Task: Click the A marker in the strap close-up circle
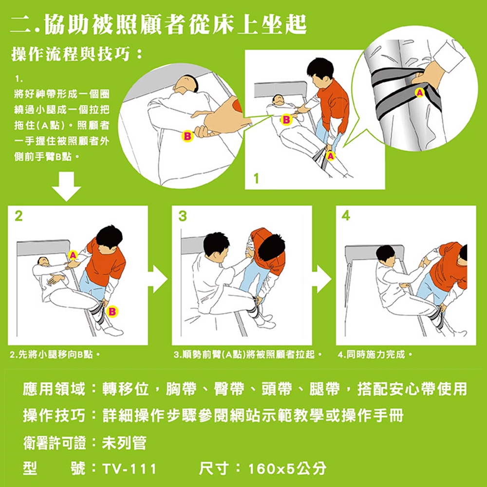(x=420, y=93)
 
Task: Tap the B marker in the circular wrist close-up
(x=187, y=136)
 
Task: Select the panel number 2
(x=19, y=216)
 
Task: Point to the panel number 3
(x=183, y=216)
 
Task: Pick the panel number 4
(x=346, y=216)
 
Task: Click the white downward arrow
(x=66, y=187)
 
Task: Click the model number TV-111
(x=129, y=469)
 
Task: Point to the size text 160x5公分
(x=287, y=468)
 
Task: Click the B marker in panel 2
(x=112, y=312)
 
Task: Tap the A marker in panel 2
(x=73, y=255)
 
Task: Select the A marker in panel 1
(x=331, y=156)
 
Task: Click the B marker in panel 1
(x=286, y=120)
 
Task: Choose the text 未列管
(x=124, y=443)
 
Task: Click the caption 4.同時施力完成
(x=375, y=354)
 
